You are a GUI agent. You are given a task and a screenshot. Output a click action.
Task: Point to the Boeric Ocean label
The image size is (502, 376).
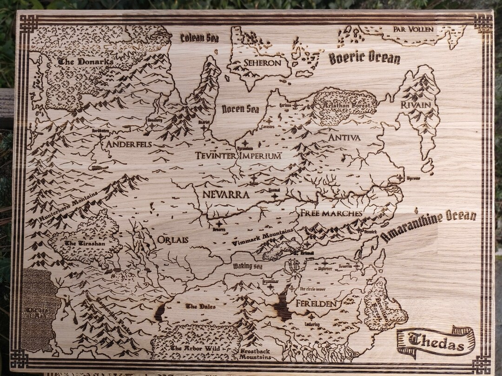pos(364,58)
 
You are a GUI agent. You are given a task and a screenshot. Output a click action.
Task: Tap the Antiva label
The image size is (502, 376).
pos(344,137)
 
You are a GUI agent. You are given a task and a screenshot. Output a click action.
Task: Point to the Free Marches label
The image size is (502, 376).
pos(330,213)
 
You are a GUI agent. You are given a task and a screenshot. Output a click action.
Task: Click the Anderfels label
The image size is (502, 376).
pos(129,144)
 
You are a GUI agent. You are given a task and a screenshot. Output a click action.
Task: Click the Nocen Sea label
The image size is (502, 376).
pos(240,110)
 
